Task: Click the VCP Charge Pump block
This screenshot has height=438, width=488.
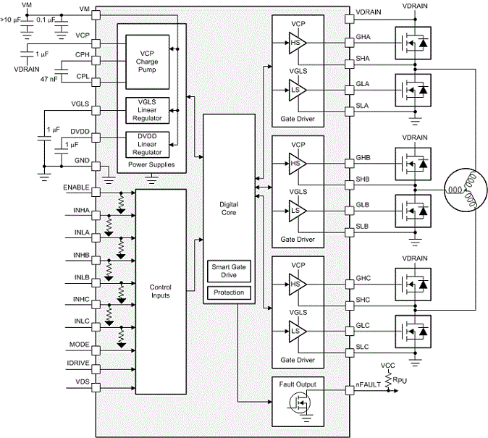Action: (x=148, y=62)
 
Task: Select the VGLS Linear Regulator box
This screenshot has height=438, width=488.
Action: (x=148, y=111)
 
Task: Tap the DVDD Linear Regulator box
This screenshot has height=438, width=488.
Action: (x=148, y=145)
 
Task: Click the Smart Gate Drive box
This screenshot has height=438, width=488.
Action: (x=229, y=271)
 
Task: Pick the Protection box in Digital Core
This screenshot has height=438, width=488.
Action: (x=229, y=292)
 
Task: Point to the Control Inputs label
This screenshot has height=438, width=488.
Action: (x=161, y=291)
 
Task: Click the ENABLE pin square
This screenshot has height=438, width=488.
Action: (x=96, y=193)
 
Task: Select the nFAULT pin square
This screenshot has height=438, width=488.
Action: (x=350, y=390)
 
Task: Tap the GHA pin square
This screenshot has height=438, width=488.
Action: (x=350, y=43)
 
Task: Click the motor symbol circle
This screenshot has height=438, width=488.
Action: (x=466, y=190)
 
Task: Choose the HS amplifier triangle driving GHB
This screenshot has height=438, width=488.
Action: (x=298, y=164)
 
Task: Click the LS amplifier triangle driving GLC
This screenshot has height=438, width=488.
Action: (x=298, y=332)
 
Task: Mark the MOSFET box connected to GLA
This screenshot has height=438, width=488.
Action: (x=413, y=90)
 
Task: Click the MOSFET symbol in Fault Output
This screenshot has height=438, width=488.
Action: (x=300, y=403)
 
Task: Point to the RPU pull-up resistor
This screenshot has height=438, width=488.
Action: (x=388, y=380)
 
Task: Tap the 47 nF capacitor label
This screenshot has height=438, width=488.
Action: (x=49, y=79)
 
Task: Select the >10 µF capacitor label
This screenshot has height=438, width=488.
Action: (x=10, y=20)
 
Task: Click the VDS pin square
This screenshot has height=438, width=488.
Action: (x=96, y=388)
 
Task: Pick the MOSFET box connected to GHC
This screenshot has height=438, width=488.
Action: (x=413, y=285)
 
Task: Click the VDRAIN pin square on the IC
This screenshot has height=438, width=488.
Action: (x=350, y=20)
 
